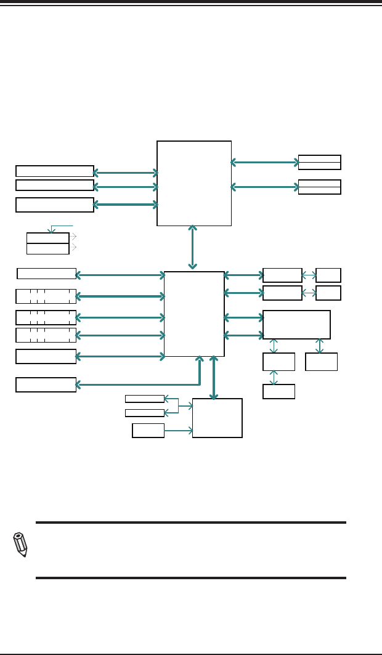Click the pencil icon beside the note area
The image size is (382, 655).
(x=20, y=545)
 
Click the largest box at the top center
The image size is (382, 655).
(x=194, y=183)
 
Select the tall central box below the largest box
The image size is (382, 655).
(x=194, y=314)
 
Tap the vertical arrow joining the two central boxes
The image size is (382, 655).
(x=193, y=248)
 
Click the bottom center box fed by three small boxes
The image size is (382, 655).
(x=217, y=418)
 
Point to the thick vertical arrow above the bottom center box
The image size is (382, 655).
(x=213, y=377)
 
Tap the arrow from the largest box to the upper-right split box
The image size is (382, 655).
(x=264, y=163)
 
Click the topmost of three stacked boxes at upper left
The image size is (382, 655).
(x=55, y=171)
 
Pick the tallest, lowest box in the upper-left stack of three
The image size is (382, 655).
(x=55, y=205)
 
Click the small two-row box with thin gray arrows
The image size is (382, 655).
(x=47, y=243)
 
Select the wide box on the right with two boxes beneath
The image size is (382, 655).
(x=296, y=325)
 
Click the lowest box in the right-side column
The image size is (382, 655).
(x=278, y=391)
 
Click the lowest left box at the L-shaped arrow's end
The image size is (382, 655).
(x=46, y=384)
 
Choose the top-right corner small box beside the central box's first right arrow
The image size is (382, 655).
(x=328, y=275)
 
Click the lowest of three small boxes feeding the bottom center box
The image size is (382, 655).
(x=148, y=431)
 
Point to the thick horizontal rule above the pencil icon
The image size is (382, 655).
(x=191, y=523)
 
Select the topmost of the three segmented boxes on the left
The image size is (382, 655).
(x=46, y=296)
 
